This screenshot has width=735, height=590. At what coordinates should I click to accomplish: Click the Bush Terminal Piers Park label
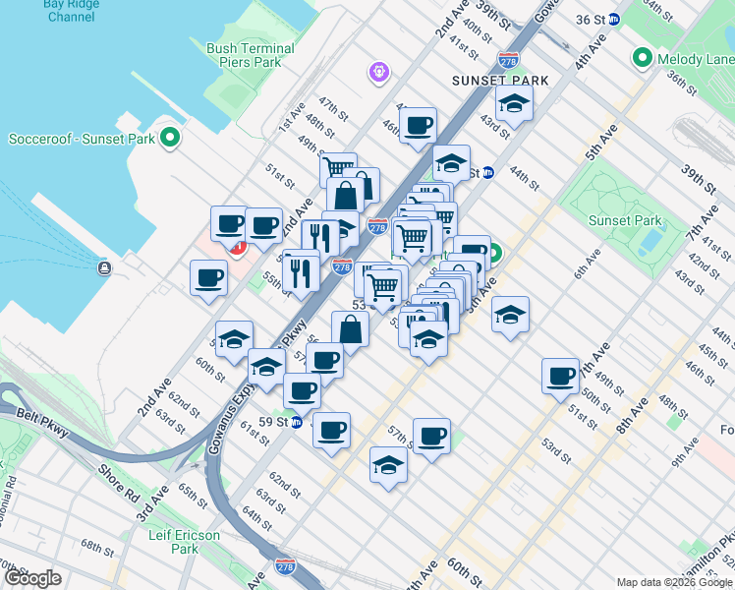click(x=250, y=55)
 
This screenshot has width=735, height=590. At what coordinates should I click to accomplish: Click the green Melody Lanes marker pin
click(x=644, y=58)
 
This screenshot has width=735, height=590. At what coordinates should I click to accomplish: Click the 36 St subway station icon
click(x=614, y=19)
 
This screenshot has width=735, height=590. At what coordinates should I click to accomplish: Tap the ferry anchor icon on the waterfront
click(x=104, y=268)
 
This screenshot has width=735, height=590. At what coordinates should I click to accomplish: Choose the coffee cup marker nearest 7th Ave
click(x=562, y=376)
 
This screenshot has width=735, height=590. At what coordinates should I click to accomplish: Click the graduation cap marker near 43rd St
click(x=513, y=102)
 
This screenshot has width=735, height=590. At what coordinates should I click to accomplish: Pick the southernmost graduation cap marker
click(x=389, y=464)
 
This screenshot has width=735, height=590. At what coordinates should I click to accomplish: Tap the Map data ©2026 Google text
click(x=673, y=582)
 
